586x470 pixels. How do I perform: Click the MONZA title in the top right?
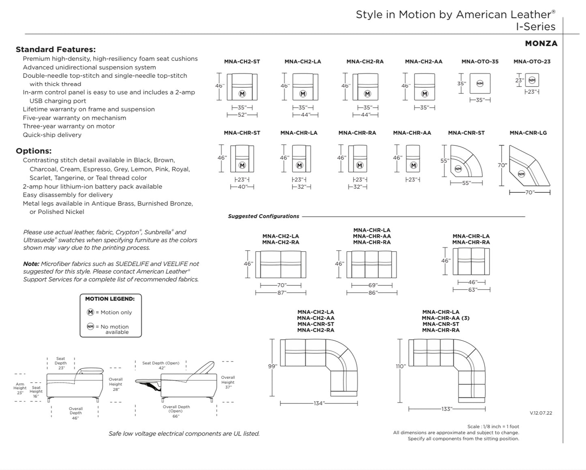pos(541,43)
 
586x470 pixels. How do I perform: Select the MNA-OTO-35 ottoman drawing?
pos(480,84)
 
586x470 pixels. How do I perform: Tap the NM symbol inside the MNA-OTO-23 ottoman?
pos(532,80)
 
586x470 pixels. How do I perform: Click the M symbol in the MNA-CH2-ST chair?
pos(242,94)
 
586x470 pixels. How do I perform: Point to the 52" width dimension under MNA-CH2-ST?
pos(242,115)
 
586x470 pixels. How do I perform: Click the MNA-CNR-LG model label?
pos(528,133)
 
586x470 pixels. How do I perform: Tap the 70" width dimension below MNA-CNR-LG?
pos(530,192)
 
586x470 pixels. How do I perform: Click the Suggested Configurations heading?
pos(263,216)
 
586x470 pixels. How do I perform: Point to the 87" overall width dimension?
pos(281,293)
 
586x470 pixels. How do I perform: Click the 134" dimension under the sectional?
pos(319,403)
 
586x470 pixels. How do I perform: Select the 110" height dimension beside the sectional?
pos(401,367)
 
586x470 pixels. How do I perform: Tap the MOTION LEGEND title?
pos(110,299)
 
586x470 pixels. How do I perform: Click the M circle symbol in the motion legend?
pos(90,312)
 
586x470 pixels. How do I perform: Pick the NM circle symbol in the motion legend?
pos(90,326)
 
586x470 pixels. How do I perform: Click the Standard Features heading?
pos(56,50)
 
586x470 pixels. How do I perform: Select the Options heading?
pos(34,151)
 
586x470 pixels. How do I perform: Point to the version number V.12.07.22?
pos(541,413)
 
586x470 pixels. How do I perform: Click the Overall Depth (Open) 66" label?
pos(176,411)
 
